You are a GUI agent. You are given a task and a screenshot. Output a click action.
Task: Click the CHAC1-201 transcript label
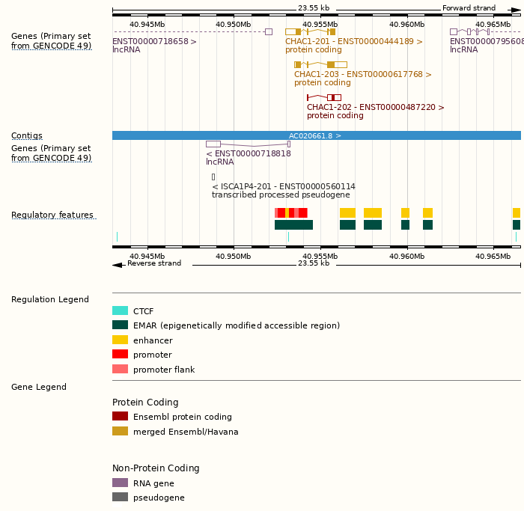tap(353, 42)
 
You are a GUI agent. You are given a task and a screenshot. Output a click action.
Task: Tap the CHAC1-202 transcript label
tap(375, 108)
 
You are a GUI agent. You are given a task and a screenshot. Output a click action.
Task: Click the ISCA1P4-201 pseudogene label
tap(283, 187)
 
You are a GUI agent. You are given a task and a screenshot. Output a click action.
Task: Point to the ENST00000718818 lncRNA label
tap(248, 154)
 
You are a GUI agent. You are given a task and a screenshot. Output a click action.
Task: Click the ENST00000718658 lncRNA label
tap(154, 42)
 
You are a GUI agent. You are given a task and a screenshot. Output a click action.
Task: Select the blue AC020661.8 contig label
tap(315, 136)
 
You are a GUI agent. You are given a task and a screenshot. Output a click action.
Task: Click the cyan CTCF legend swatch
tap(120, 311)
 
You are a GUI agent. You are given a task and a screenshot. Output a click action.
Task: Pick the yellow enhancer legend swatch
tap(120, 340)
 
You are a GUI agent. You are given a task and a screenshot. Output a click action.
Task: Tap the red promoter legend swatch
tap(120, 355)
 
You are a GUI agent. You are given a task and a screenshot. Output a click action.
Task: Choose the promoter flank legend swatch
tap(120, 370)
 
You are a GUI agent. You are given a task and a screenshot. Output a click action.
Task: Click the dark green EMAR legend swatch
tap(120, 325)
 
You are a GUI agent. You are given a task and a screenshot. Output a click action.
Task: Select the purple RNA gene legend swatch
tap(120, 483)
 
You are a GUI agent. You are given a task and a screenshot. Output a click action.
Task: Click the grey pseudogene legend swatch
tap(120, 498)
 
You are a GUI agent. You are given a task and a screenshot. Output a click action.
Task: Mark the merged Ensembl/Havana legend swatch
tap(120, 432)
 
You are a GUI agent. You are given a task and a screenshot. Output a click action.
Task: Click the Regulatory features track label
tap(52, 215)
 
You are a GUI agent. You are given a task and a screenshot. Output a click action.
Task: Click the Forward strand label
tap(469, 8)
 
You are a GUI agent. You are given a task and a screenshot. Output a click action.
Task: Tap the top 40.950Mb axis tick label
tap(233, 24)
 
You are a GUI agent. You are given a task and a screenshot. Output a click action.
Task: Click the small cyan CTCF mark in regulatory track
tap(117, 237)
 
